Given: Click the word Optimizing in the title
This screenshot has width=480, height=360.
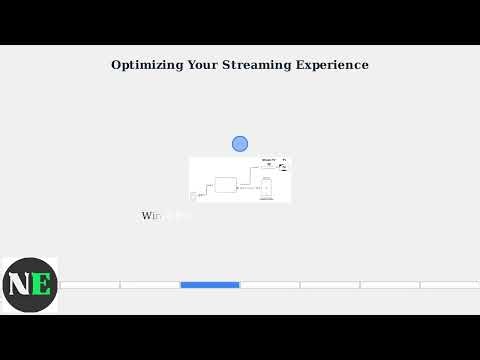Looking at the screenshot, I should coord(146,65).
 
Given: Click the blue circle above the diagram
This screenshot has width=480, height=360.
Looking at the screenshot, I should coord(240,144).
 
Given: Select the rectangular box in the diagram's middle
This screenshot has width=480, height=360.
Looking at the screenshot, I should coord(225,185).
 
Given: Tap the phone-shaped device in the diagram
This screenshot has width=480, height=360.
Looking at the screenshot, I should coord(266,188).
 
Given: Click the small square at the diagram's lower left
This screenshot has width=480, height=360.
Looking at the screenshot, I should coord(193,196).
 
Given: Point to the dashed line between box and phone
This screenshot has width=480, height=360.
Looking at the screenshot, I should coord(248,188).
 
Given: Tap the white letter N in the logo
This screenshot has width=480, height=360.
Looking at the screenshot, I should coord(18,284).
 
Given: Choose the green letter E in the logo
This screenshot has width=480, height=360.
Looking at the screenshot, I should coord(41,284).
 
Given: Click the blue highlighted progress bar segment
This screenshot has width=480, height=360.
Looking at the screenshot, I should coord(210,285).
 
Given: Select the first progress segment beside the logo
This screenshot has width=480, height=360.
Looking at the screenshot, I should coord(89,285).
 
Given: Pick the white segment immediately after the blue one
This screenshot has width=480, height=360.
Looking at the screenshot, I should coord(270,285).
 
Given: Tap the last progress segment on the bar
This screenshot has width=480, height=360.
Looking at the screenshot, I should coord(450,285).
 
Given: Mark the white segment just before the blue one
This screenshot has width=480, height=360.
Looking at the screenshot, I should coord(150,285).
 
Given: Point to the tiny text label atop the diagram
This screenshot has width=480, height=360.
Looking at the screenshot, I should coord(268,160).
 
